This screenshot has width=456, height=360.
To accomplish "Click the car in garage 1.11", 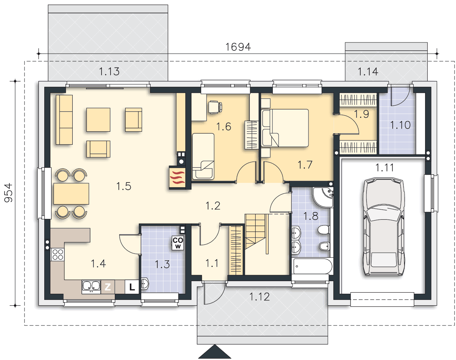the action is [x=384, y=226].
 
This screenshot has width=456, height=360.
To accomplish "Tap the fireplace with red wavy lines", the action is [x=177, y=178].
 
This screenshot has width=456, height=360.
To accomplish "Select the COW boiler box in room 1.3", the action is [x=177, y=243].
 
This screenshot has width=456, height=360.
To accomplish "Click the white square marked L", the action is [x=132, y=287].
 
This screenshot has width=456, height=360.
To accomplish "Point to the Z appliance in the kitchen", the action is [x=108, y=287].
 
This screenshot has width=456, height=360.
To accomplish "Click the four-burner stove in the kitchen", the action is [x=58, y=255].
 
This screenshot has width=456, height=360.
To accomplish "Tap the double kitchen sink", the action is [x=91, y=287].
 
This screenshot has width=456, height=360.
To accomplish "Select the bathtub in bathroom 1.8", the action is [x=312, y=266].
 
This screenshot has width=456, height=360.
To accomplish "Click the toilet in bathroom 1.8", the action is [x=324, y=230].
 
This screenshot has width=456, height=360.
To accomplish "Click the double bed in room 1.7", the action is [x=285, y=128].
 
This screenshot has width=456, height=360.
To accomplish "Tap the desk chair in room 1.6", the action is [x=215, y=107].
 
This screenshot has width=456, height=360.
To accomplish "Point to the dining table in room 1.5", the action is [x=71, y=194].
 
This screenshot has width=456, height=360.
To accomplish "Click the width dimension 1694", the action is [x=238, y=47].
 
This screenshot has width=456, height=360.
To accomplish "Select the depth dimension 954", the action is [x=9, y=193].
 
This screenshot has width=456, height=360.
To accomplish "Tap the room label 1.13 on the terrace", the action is [x=109, y=71].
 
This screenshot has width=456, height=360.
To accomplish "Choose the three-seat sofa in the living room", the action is [x=64, y=120].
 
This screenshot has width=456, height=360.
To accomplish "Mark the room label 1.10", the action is [x=400, y=125].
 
